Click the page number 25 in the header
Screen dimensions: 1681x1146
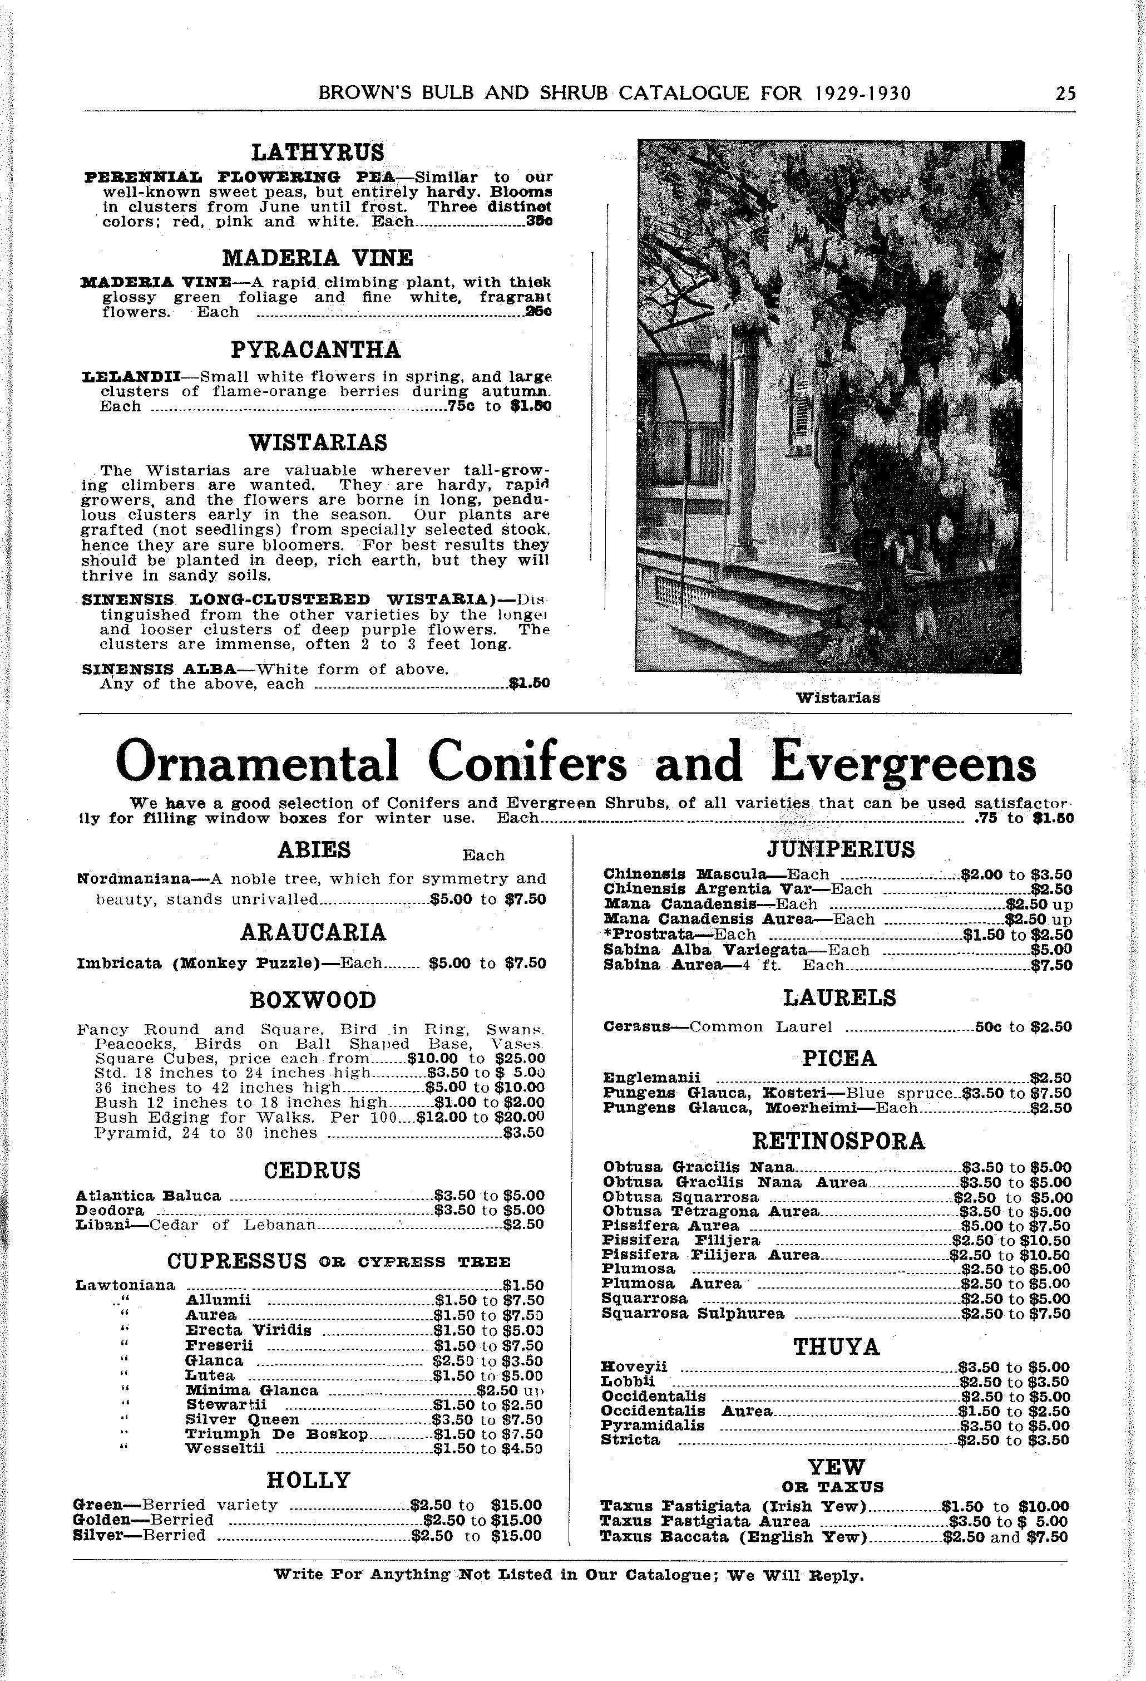click(1065, 94)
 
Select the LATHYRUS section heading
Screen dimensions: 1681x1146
click(318, 153)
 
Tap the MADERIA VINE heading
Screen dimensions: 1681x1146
click(318, 258)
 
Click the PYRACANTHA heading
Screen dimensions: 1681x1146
click(316, 350)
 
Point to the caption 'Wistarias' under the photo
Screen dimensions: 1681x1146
click(838, 698)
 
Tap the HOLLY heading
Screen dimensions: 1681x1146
click(308, 1480)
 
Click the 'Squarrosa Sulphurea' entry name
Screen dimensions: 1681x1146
click(693, 1314)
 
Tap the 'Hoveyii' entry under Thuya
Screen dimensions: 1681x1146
click(634, 1367)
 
